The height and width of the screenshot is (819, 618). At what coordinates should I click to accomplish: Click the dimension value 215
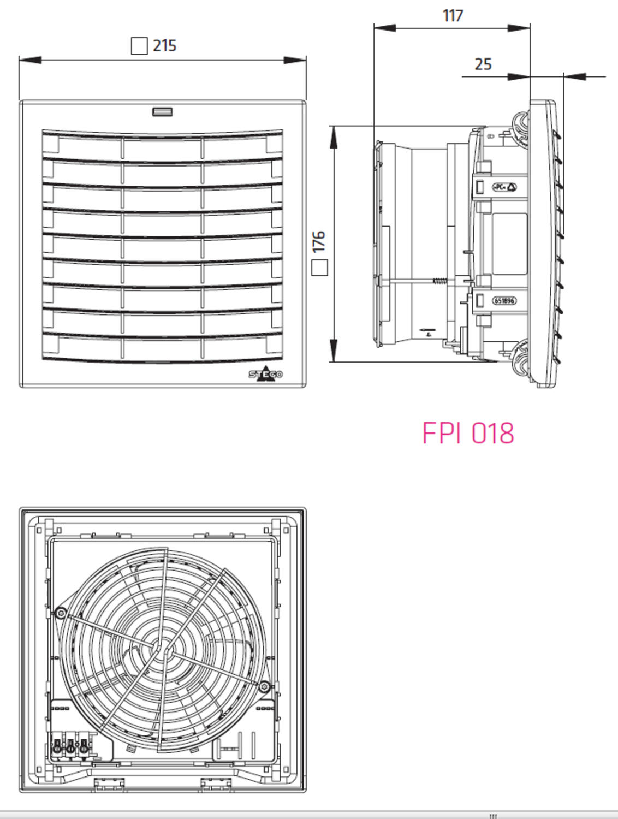pyautogui.click(x=164, y=45)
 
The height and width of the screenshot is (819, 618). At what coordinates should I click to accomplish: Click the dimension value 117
pyautogui.click(x=453, y=16)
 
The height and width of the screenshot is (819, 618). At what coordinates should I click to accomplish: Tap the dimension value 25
pyautogui.click(x=483, y=64)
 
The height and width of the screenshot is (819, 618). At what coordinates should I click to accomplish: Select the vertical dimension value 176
pyautogui.click(x=319, y=241)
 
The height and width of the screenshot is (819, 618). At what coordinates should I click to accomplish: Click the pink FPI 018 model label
pyautogui.click(x=468, y=433)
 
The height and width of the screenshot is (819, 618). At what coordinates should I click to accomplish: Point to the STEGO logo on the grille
pyautogui.click(x=266, y=374)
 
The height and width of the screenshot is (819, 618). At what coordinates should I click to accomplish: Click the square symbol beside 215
pyautogui.click(x=139, y=46)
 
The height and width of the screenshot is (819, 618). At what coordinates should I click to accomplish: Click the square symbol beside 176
pyautogui.click(x=319, y=268)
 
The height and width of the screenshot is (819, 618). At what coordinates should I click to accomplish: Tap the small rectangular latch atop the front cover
pyautogui.click(x=162, y=112)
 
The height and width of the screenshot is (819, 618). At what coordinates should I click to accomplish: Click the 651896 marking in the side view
pyautogui.click(x=504, y=301)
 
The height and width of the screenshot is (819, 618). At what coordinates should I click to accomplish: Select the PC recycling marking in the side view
pyautogui.click(x=504, y=187)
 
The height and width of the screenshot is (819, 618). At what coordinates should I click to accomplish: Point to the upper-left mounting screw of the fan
pyautogui.click(x=61, y=614)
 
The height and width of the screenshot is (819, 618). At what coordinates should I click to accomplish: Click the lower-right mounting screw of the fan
pyautogui.click(x=264, y=686)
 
